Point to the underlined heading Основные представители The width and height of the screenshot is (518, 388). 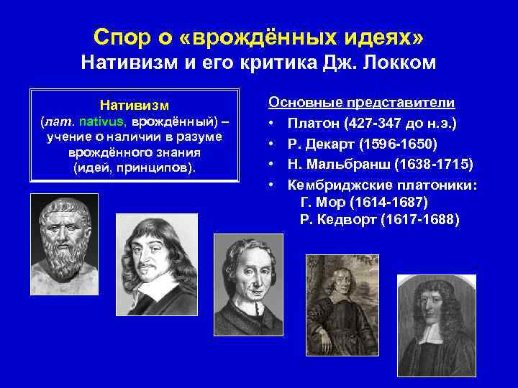pos(367,102)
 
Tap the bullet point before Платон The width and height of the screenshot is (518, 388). pos(274,123)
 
